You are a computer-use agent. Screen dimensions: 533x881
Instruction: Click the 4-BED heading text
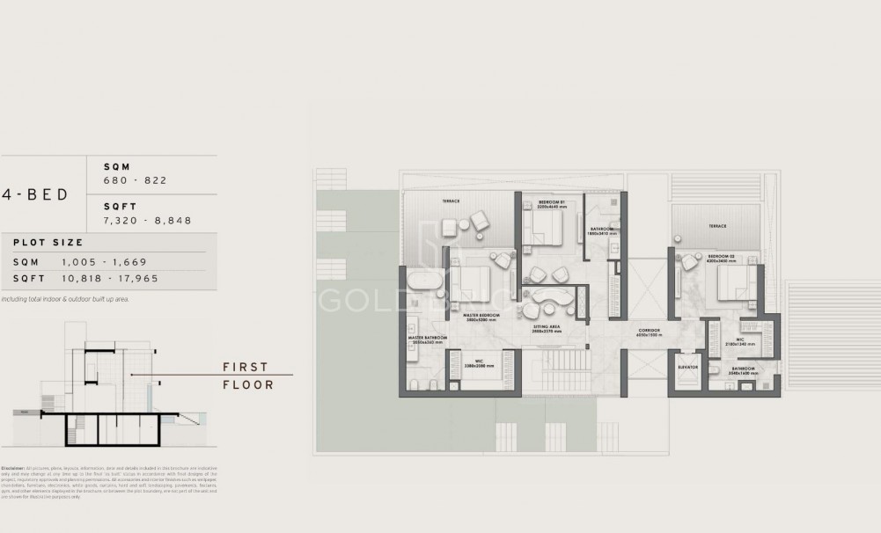35,194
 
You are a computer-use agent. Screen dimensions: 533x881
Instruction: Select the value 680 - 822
136,180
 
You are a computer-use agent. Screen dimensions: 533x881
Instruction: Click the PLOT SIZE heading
48,243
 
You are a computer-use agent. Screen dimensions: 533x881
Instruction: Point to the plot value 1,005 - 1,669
104,262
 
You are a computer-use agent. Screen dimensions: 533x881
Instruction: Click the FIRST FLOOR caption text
246,376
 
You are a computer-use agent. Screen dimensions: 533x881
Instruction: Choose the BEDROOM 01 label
551,203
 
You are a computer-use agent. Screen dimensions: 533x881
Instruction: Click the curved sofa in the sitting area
550,296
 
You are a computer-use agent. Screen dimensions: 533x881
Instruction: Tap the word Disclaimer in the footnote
12,468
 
